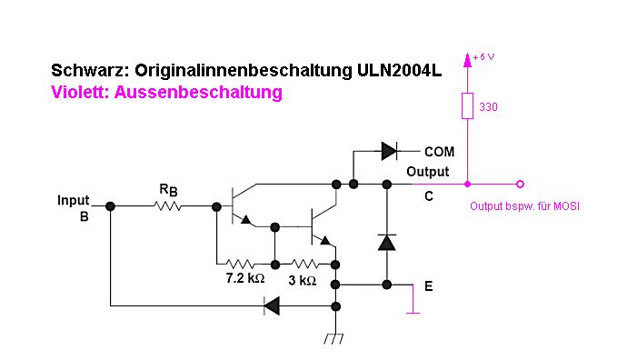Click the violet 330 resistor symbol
467,106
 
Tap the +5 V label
483,57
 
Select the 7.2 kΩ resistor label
244,278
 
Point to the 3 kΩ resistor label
303,280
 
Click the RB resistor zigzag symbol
167,205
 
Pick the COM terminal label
439,152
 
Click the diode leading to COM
389,151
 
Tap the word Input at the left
74,200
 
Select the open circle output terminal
520,184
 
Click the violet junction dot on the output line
467,184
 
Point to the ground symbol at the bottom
333,339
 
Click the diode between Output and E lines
387,242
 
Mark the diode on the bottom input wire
272,305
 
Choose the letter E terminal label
429,286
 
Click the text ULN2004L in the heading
399,71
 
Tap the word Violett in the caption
80,92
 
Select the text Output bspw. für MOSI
524,206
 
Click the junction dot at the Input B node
110,206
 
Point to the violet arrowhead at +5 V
467,59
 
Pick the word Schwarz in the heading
90,71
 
